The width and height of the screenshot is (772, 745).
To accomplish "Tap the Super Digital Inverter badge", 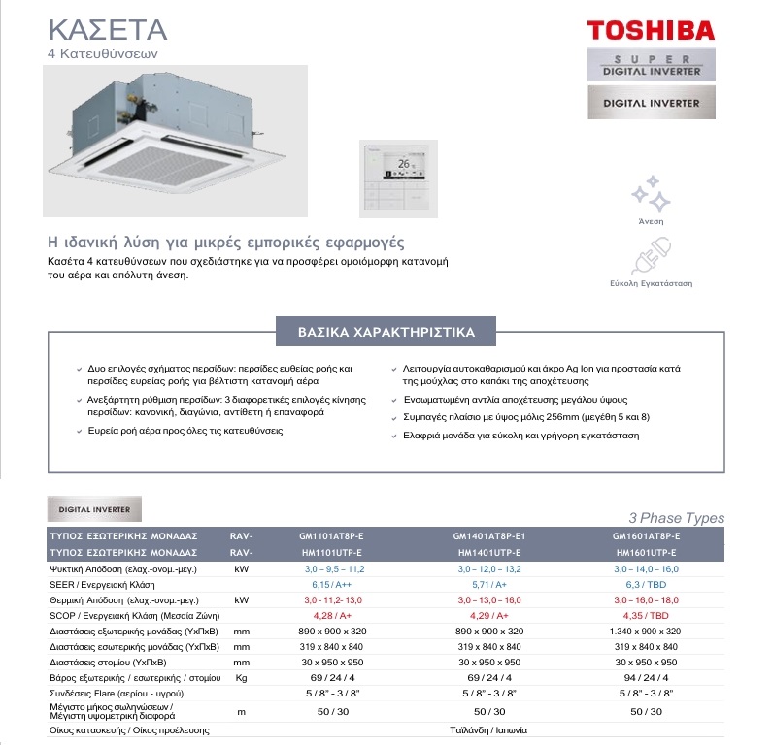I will tap(653, 66).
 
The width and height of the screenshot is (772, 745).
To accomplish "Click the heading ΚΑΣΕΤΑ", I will tap(107, 27).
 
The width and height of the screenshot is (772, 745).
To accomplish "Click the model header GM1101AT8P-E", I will tap(330, 535).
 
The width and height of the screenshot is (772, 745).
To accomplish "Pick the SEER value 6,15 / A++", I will tap(330, 586).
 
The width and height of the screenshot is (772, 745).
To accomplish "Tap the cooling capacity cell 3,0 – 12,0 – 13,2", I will tap(488, 569).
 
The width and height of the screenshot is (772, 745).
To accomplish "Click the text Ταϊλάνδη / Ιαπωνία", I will tap(488, 729).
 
